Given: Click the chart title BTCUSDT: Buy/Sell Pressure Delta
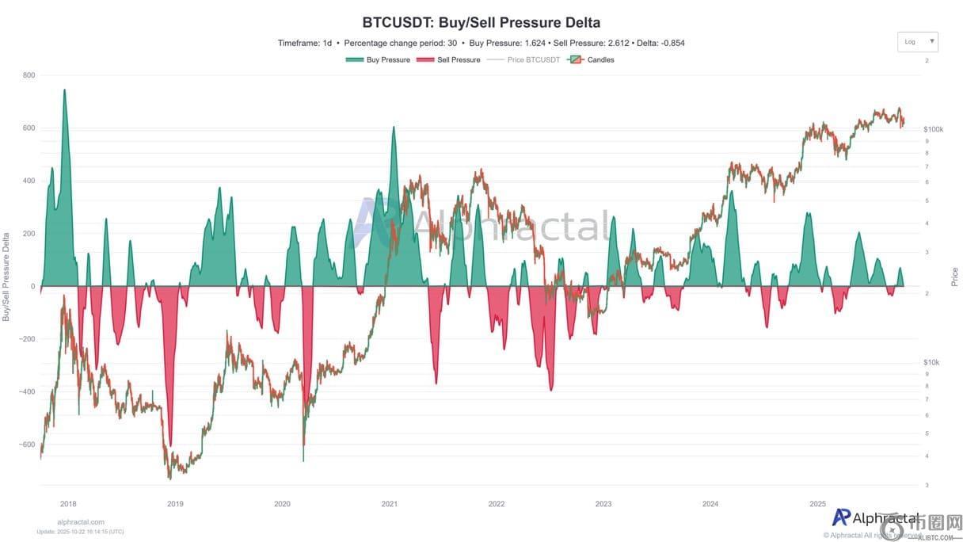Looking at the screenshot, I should [481, 22].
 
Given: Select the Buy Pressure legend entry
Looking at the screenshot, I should [378, 60].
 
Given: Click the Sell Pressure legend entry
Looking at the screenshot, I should [447, 60].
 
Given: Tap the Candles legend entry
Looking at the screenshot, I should [591, 60].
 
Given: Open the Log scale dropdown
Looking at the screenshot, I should [917, 42].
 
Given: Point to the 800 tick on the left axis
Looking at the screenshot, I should [29, 75].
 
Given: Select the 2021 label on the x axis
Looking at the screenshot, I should [389, 504].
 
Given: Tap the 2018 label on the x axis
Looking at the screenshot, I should [68, 504].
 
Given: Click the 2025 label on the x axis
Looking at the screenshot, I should [818, 504].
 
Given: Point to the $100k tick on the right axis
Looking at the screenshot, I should [933, 129].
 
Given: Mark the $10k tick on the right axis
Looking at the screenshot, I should [931, 362].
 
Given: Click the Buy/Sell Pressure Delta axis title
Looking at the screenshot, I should [6, 277].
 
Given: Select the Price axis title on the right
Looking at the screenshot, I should [954, 277].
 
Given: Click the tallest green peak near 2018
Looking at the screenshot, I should [64, 90].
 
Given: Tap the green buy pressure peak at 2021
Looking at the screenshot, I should [394, 128].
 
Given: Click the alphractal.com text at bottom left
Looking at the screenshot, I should [81, 522].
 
